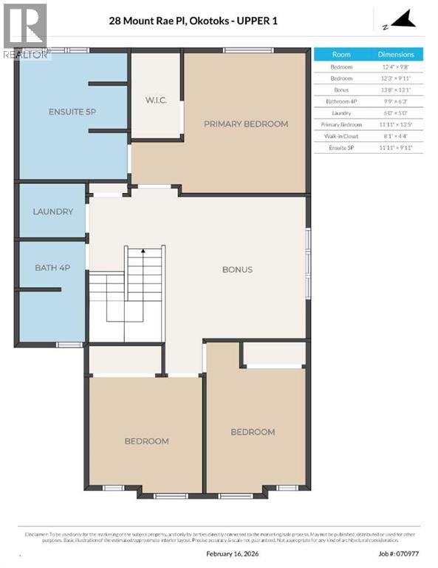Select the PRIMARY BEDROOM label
[246, 124]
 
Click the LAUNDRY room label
[52, 212]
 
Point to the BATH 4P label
[52, 267]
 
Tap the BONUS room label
[237, 269]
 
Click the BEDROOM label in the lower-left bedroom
[146, 441]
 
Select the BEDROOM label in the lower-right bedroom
[253, 432]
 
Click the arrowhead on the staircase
[143, 252]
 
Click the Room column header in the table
[341, 55]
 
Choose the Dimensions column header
[396, 55]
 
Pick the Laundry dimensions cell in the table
[396, 113]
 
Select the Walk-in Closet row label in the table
[341, 136]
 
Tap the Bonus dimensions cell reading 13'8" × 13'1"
[396, 89]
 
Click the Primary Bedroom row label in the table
[341, 125]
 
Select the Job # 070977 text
[397, 553]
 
